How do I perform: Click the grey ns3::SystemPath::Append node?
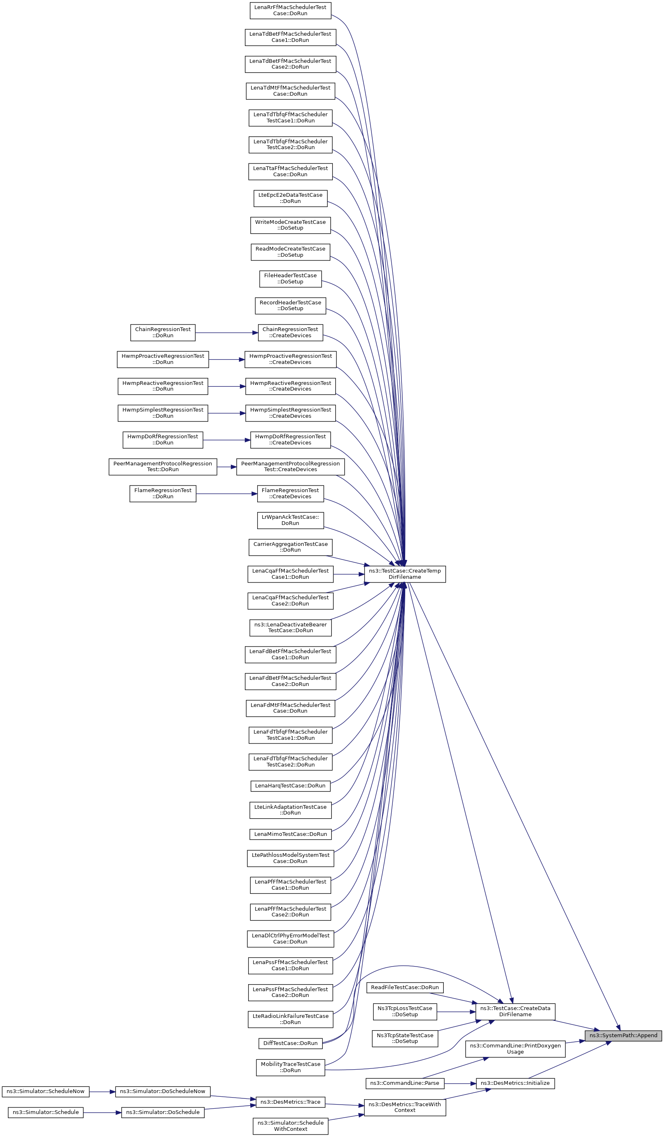pos(623,1036)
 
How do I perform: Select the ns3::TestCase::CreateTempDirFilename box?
pos(404,574)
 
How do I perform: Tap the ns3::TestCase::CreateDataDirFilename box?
pos(515,1011)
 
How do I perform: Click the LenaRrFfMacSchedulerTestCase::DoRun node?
pos(290,10)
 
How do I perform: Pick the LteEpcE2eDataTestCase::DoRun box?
pos(290,198)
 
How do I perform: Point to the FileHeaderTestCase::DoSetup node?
pos(290,278)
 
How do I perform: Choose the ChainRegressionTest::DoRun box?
pos(163,333)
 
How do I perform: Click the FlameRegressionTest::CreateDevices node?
pos(290,493)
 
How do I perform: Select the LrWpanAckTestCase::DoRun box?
pos(290,520)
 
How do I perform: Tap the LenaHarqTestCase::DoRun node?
pos(290,785)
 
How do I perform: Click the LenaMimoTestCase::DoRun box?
pos(290,834)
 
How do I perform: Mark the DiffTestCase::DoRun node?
pos(290,1043)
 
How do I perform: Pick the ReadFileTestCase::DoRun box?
pos(404,987)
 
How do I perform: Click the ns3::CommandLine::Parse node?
pos(404,1083)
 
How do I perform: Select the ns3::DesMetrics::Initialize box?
pos(515,1083)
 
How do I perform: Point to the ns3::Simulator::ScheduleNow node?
pos(46,1091)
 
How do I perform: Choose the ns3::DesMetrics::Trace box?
pos(290,1102)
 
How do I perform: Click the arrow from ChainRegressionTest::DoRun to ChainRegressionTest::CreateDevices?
pos(226,333)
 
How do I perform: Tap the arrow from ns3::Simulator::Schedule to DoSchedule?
pos(102,1113)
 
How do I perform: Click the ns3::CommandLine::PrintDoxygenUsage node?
pos(515,1049)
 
